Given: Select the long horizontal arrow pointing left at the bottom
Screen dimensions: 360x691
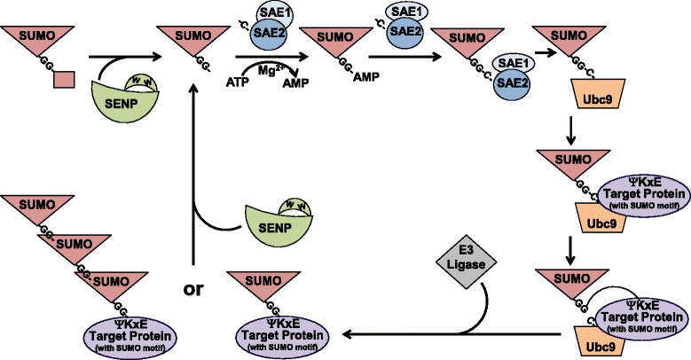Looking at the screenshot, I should click(x=444, y=335).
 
